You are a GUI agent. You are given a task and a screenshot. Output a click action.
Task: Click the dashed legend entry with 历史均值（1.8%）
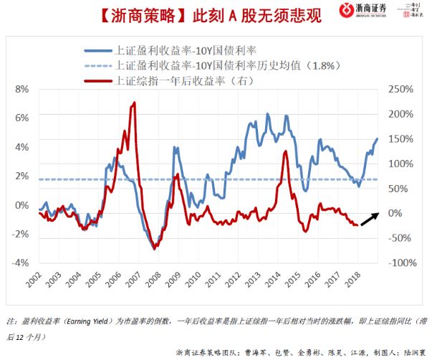point(221,65)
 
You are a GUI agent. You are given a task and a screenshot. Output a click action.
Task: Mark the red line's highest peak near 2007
point(134,104)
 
